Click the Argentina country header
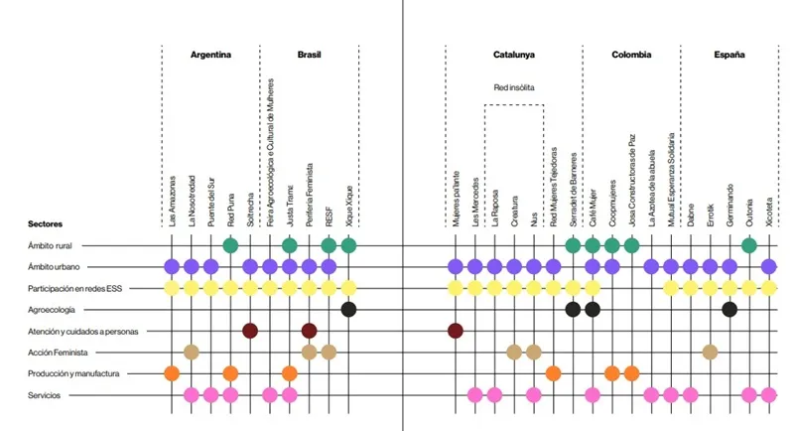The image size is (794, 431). pyautogui.click(x=210, y=55)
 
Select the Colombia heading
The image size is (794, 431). pyautogui.click(x=631, y=55)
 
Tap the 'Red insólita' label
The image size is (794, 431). pyautogui.click(x=514, y=87)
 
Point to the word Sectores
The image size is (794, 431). pyautogui.click(x=46, y=224)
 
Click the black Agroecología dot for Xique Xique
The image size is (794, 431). pyautogui.click(x=348, y=309)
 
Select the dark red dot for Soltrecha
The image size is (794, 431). pyautogui.click(x=250, y=330)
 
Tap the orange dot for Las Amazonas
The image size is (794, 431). pyautogui.click(x=172, y=373)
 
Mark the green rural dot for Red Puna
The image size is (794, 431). pyautogui.click(x=230, y=244)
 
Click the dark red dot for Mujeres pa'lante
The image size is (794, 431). pyautogui.click(x=456, y=330)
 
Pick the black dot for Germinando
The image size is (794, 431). pyautogui.click(x=729, y=309)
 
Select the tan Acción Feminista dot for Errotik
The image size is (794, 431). pyautogui.click(x=710, y=352)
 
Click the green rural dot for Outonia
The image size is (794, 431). pyautogui.click(x=749, y=244)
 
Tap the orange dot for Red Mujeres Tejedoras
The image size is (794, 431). pyautogui.click(x=553, y=373)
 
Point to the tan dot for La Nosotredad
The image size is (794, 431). pyautogui.click(x=192, y=352)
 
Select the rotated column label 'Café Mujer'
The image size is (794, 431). pyautogui.click(x=593, y=205)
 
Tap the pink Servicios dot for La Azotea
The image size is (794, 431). pyautogui.click(x=651, y=395)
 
